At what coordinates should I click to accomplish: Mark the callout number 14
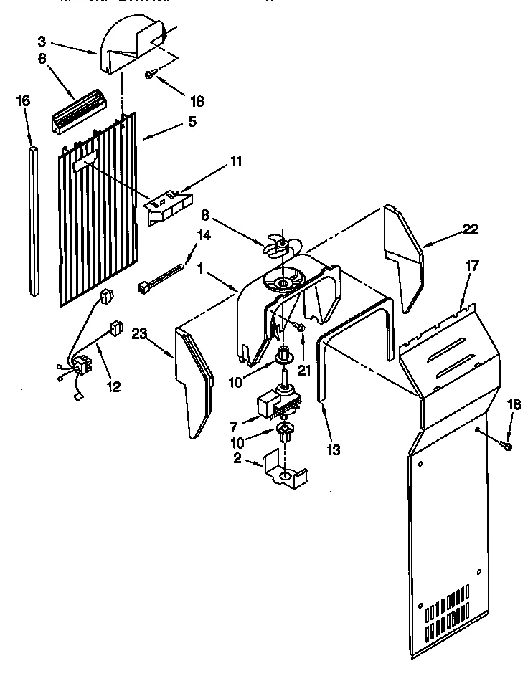coord(204,234)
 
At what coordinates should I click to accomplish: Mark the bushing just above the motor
coord(284,354)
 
